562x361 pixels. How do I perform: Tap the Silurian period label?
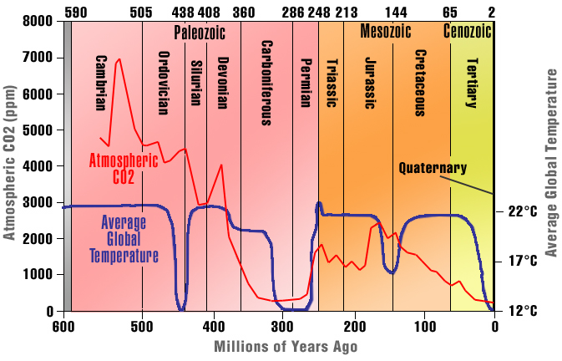pyautogui.click(x=196, y=81)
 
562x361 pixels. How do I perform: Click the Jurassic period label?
pyautogui.click(x=371, y=83)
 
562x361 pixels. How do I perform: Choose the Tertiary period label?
pyautogui.click(x=472, y=82)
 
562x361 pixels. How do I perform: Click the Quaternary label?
pyautogui.click(x=432, y=167)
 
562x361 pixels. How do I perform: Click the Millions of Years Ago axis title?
pyautogui.click(x=279, y=345)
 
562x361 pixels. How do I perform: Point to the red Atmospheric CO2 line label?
pyautogui.click(x=124, y=168)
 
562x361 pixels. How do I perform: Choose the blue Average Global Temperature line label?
pyautogui.click(x=124, y=239)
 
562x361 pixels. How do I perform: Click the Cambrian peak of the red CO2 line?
pyautogui.click(x=119, y=59)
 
